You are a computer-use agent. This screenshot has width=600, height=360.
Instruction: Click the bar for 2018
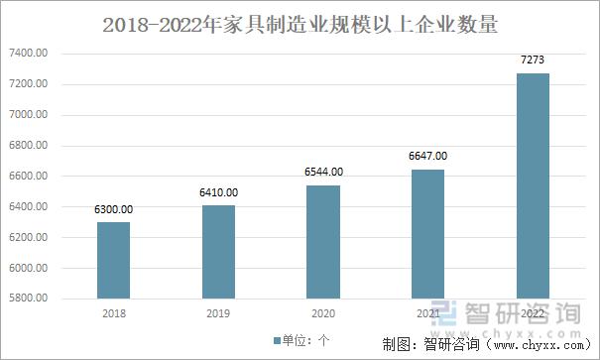click(x=113, y=260)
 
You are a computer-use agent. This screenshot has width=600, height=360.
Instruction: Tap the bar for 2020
click(x=323, y=241)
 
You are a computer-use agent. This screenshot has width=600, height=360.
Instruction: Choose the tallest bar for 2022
click(x=534, y=185)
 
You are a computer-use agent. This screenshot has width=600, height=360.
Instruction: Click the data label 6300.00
click(x=113, y=209)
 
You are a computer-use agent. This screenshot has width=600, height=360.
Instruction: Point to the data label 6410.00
click(x=218, y=192)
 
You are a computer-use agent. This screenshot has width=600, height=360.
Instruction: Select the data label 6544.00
click(x=323, y=172)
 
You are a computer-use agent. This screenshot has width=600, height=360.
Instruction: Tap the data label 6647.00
click(x=428, y=156)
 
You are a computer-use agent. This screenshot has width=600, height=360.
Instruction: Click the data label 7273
click(x=534, y=60)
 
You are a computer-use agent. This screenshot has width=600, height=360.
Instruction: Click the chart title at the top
click(x=300, y=21)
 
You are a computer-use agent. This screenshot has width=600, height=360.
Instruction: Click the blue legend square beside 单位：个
click(x=277, y=340)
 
